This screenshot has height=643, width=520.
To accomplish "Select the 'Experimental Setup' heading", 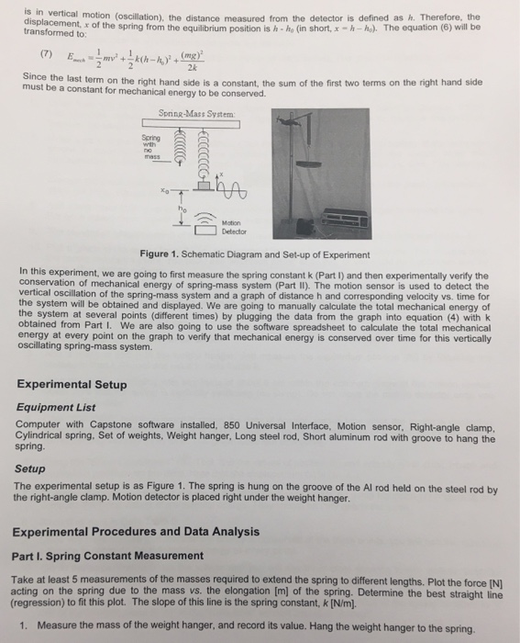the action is (x=72, y=384).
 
